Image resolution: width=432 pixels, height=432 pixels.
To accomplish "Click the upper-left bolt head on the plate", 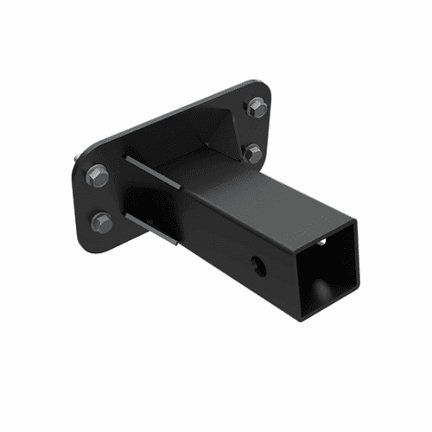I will pyautogui.click(x=97, y=176).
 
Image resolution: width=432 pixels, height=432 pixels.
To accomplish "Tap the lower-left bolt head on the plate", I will pyautogui.click(x=101, y=222).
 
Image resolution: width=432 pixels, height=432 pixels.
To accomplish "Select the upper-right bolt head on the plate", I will pyautogui.click(x=257, y=107).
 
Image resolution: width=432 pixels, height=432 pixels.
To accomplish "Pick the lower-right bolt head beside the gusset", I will pyautogui.click(x=253, y=154).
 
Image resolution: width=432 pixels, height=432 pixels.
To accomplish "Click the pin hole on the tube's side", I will pyautogui.click(x=258, y=262).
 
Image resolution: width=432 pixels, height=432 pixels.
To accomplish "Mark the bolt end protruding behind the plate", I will pyautogui.click(x=79, y=157).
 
